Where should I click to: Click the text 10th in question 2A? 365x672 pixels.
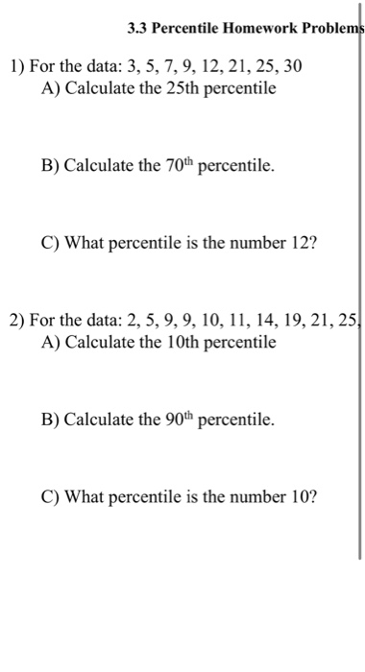point(176,343)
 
